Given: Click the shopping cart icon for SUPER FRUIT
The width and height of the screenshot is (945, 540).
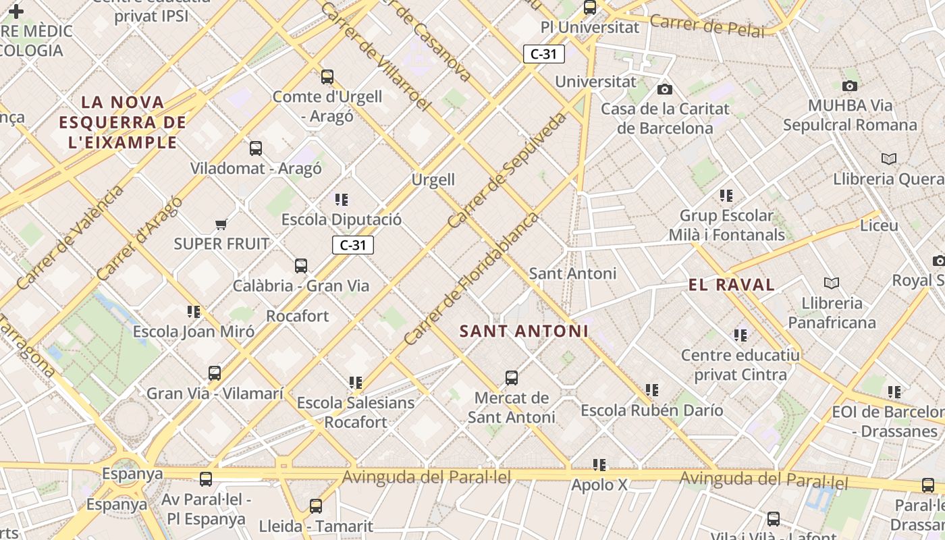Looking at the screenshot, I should (x=221, y=224).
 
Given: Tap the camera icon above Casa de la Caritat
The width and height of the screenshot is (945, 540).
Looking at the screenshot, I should (x=665, y=89).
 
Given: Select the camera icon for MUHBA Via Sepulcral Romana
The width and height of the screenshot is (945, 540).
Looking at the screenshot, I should (x=850, y=86).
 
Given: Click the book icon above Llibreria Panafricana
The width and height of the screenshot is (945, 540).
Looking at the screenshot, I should (x=832, y=283).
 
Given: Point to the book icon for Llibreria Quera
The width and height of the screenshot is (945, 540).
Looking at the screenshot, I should (x=889, y=159).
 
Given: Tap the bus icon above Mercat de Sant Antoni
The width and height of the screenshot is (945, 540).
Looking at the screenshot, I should (x=512, y=377).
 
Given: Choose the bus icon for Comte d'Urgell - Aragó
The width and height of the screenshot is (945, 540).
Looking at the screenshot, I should (x=327, y=77).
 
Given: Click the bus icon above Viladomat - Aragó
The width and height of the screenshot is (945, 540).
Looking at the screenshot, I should (x=256, y=148).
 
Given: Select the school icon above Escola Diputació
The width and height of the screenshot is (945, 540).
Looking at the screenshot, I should (x=342, y=199).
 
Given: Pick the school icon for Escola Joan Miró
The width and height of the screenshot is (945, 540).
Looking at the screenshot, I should (x=194, y=311).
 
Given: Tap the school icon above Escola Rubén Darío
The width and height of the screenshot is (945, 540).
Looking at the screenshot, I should (x=651, y=389).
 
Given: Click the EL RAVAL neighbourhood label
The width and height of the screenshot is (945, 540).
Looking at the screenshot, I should (x=732, y=285).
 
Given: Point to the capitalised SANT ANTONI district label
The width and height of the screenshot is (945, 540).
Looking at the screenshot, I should (x=524, y=331).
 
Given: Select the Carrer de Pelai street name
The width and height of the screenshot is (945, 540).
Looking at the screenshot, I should (x=707, y=26).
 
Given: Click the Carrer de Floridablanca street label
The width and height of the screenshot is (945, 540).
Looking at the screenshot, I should (x=471, y=279).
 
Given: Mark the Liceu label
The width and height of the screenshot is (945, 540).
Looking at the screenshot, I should (x=879, y=225).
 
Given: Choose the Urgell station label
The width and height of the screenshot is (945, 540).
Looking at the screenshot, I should (x=433, y=180).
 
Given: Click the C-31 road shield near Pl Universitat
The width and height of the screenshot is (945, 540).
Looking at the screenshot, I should (x=543, y=54).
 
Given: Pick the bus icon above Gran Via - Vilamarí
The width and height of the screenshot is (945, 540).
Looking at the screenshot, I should (x=215, y=373).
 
